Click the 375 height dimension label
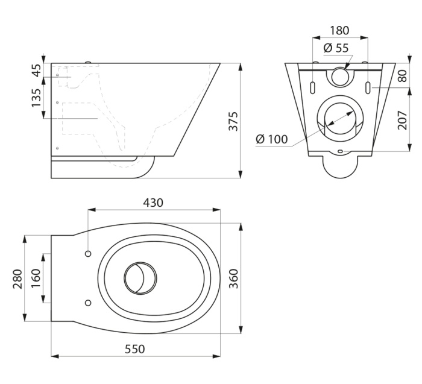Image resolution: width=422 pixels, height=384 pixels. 233,121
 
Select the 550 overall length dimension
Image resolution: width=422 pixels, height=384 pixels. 135,349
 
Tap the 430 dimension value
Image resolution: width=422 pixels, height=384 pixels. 153,203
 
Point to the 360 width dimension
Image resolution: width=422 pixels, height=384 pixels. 233,279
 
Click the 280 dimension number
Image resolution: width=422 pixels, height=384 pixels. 17,279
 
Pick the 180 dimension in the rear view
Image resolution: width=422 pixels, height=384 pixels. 339,30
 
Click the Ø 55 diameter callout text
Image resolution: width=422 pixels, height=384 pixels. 336,48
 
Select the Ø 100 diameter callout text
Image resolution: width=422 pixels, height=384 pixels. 271,139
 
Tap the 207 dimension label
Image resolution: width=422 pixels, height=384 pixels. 403,120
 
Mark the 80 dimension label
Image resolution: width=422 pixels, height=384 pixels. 403,75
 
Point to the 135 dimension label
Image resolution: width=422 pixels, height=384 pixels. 36,98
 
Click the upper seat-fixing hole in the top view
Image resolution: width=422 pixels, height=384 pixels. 88,254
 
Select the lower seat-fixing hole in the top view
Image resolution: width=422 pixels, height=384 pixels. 88,303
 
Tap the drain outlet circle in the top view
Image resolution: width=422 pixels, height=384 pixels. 140,278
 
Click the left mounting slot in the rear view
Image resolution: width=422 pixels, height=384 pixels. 312,87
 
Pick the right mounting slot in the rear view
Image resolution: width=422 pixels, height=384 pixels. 368,87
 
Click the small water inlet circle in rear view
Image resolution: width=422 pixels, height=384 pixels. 340,76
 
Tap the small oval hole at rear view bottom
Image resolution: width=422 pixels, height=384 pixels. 340,151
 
